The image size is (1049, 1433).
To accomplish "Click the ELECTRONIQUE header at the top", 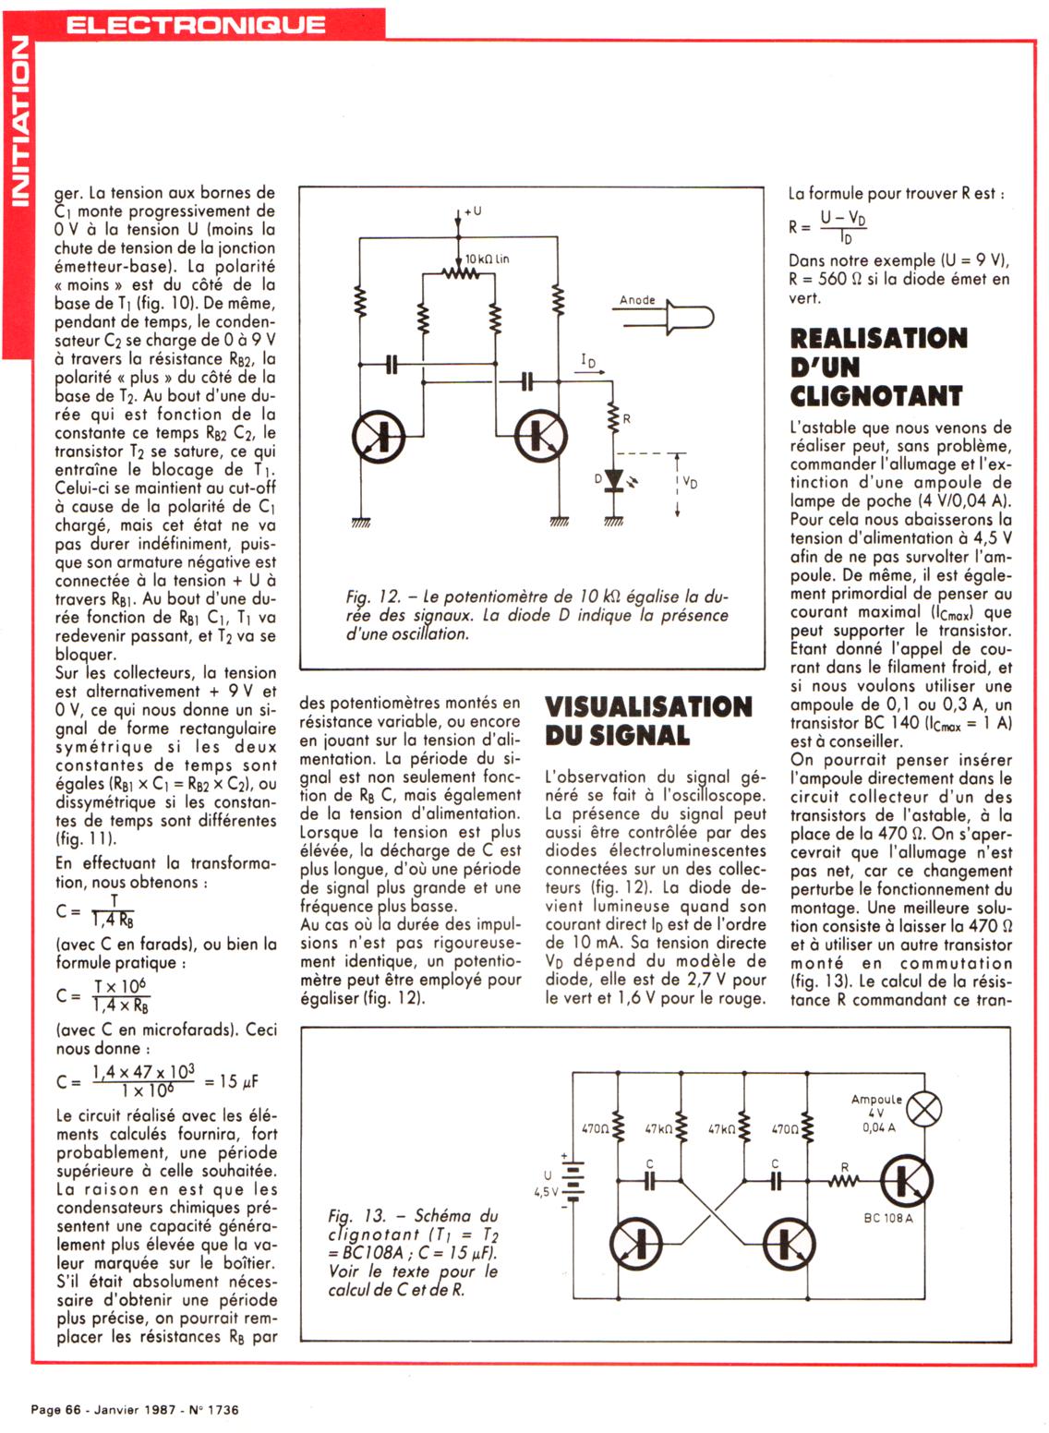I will coord(195,23).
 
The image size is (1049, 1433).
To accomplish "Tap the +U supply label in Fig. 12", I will coord(472,211).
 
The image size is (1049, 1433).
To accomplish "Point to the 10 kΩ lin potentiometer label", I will coord(486,259).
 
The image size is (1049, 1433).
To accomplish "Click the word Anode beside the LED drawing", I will coord(637,300).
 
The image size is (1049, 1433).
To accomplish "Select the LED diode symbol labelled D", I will coord(614,478).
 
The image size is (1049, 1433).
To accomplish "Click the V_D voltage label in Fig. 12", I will coord(690,482).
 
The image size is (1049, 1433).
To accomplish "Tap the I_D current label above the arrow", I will coord(588,360).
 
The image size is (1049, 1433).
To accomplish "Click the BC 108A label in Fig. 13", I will coord(887,1218).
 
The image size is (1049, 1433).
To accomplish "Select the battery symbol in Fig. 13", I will coord(573,1179).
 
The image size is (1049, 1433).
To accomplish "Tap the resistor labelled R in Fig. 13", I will coord(844,1179).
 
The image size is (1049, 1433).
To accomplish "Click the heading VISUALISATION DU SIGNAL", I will coord(648,721).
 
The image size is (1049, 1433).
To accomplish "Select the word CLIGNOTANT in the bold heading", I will coord(875,396).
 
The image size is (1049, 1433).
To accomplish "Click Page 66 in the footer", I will coord(57,1409).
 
